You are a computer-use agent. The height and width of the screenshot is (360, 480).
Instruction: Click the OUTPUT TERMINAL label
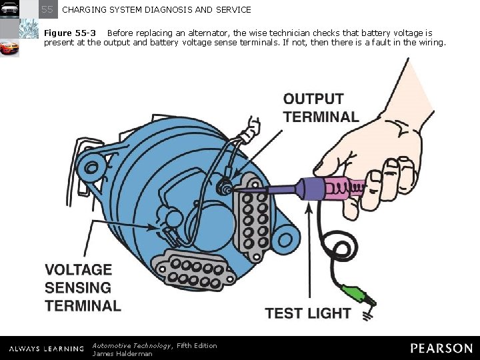(x=321, y=108)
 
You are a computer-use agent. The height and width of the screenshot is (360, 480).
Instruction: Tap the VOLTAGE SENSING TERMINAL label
(x=83, y=288)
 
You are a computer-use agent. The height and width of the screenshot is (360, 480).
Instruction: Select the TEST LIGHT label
(x=307, y=313)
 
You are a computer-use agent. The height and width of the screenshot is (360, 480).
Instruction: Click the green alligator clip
(x=354, y=295)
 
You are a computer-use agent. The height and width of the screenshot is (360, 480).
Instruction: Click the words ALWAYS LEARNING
(x=47, y=349)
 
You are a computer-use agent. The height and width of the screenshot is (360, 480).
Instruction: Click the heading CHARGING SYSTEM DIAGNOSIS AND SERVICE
(x=157, y=10)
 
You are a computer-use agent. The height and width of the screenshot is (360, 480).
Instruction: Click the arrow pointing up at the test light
(x=308, y=247)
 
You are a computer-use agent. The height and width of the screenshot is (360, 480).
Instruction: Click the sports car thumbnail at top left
(x=9, y=48)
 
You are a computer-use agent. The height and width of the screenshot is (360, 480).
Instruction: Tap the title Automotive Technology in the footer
(x=133, y=345)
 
